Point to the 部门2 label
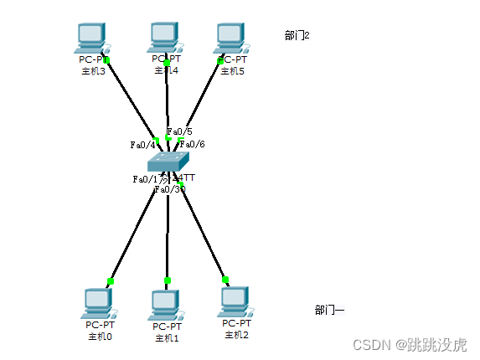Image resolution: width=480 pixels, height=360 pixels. [x=297, y=35]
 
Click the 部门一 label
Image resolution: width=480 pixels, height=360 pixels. [x=329, y=310]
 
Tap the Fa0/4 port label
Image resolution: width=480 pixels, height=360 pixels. [x=142, y=145]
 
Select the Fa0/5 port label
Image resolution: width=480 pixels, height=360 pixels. [x=179, y=131]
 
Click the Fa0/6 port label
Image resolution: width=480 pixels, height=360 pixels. [x=193, y=144]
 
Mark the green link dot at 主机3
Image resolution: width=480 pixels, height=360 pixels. [x=107, y=59]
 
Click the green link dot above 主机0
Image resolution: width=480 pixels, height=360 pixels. [x=111, y=281]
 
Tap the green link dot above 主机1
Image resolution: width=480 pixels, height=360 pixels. [x=167, y=280]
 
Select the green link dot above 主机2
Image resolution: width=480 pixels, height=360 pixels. [x=225, y=280]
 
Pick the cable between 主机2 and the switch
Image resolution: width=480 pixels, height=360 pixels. [x=203, y=230]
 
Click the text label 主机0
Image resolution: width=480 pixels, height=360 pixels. [x=100, y=337]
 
